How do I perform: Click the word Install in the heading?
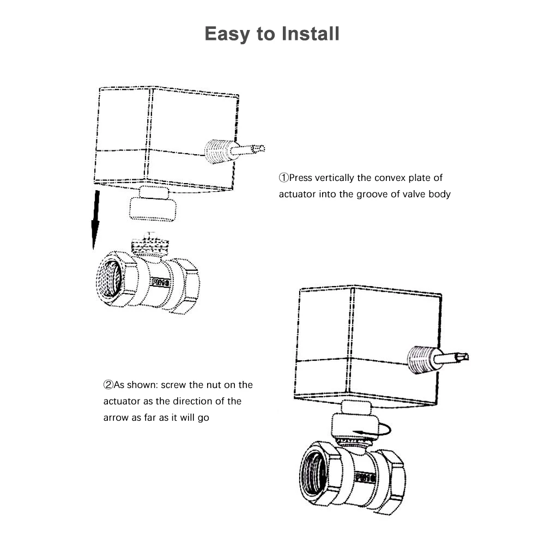click(311, 33)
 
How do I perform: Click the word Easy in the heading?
click(229, 33)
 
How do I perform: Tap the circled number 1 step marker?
click(283, 178)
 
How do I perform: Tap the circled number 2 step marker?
click(108, 385)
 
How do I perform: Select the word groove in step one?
click(373, 193)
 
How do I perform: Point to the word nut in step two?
click(214, 385)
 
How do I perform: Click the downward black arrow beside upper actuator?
click(96, 218)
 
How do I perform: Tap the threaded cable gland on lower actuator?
click(420, 360)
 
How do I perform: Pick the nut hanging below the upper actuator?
click(153, 207)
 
